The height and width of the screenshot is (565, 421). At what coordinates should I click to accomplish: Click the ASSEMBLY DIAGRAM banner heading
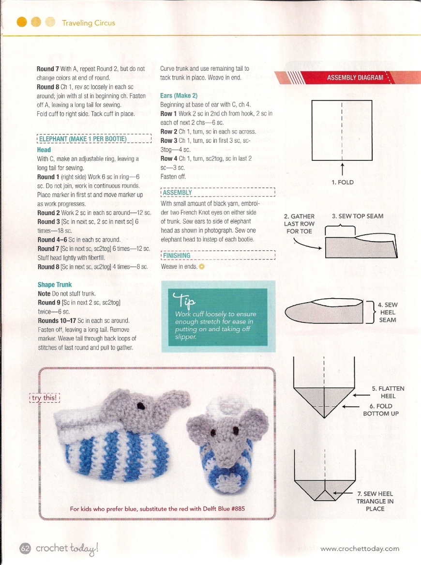point(355,77)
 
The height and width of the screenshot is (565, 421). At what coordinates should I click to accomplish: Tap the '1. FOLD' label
point(342,183)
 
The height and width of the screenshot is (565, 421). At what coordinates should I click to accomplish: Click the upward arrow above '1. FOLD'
point(342,170)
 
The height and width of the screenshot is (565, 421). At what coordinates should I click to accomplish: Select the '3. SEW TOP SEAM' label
point(358,216)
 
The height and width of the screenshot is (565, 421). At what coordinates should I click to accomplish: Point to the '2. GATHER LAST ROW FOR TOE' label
point(299,224)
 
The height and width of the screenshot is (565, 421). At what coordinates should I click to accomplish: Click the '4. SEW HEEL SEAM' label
point(388,312)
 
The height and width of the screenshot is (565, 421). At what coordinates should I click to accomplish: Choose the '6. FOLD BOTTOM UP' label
point(380,410)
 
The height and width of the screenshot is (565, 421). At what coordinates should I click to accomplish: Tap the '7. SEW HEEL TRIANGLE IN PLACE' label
point(375,501)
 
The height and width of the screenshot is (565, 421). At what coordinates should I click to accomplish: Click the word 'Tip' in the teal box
point(184,301)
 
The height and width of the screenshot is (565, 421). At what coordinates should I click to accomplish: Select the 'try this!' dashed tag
point(45,397)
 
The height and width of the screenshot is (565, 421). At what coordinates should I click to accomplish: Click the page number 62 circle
point(25,548)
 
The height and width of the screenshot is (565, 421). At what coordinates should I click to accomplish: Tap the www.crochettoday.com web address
point(360,549)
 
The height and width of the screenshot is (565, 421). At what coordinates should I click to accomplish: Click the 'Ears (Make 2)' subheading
point(179,96)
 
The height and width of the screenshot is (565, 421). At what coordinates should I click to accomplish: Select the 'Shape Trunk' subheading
point(55,285)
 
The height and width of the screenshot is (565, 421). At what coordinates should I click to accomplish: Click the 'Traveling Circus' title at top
point(89,23)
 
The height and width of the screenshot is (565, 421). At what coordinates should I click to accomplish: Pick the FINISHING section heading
point(177,255)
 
